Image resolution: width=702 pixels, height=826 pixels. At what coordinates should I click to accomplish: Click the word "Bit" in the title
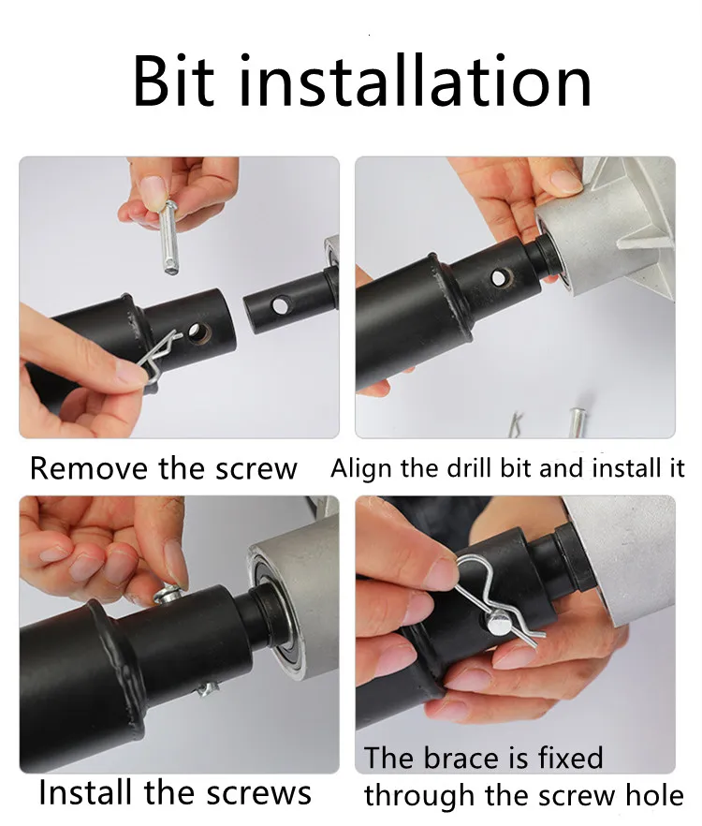click(x=174, y=81)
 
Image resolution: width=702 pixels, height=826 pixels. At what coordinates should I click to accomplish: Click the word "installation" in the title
click(x=416, y=81)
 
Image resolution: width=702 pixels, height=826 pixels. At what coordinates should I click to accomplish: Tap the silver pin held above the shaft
click(x=169, y=238)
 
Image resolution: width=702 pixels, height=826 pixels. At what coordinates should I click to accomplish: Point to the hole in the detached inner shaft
click(x=280, y=305)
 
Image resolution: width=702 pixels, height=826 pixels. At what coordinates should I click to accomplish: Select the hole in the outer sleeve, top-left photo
click(x=199, y=332)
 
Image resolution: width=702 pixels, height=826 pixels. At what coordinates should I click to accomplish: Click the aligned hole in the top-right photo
click(x=501, y=277)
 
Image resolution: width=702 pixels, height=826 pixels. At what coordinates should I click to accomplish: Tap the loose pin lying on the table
click(x=578, y=421)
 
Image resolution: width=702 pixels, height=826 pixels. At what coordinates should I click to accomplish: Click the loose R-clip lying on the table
click(x=517, y=424)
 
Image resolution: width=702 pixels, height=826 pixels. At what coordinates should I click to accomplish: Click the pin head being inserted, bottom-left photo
click(x=169, y=596)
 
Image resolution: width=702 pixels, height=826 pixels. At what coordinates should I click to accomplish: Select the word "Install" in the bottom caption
click(x=85, y=791)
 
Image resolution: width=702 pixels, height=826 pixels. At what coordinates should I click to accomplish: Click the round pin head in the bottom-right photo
click(x=499, y=622)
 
